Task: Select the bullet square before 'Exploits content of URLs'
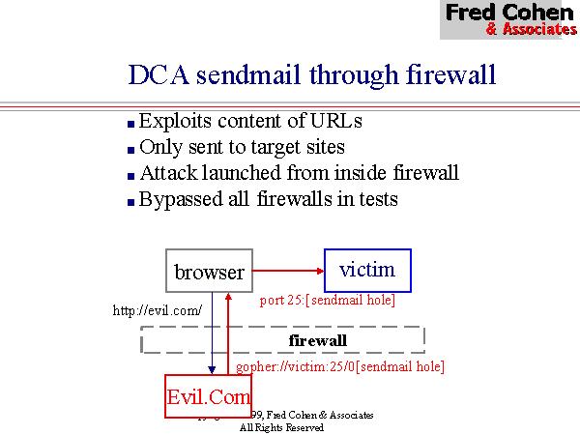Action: [x=131, y=124]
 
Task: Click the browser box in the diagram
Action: [x=210, y=272]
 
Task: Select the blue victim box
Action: [x=367, y=270]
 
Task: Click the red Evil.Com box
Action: [x=209, y=396]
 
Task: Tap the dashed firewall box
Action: [x=283, y=340]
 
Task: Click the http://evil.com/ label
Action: [x=158, y=310]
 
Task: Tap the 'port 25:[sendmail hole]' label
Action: [x=328, y=301]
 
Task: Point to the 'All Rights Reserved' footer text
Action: [x=281, y=426]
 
